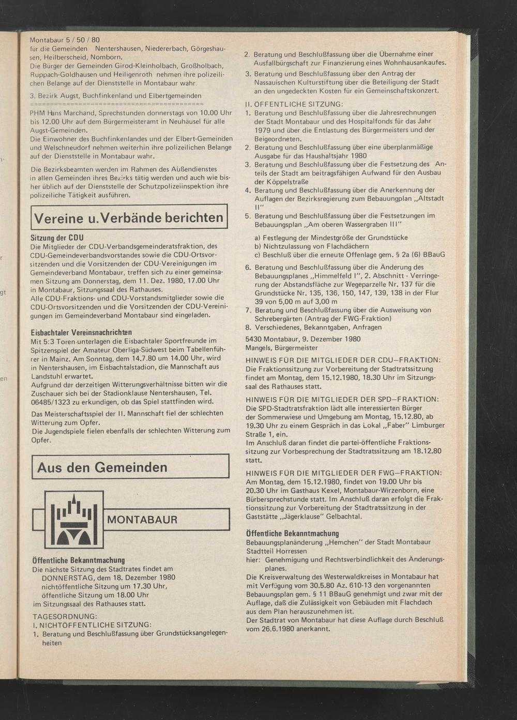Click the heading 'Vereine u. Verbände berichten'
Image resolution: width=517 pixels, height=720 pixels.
click(129, 218)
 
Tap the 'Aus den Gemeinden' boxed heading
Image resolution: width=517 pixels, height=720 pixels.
click(102, 467)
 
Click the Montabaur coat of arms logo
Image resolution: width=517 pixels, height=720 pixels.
click(74, 519)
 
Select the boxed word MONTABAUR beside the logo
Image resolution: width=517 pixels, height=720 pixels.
click(142, 520)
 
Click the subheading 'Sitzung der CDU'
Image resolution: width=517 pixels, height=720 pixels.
click(57, 238)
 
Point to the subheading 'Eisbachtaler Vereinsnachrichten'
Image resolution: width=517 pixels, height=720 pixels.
click(81, 332)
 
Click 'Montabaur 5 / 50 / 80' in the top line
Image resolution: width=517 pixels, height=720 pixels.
click(65, 40)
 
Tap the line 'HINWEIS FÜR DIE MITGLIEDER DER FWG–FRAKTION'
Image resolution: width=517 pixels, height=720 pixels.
click(343, 473)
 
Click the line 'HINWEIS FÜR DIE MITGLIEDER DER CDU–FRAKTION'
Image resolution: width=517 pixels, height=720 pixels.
click(343, 359)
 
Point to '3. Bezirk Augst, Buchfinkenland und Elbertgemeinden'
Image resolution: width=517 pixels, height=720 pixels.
click(115, 96)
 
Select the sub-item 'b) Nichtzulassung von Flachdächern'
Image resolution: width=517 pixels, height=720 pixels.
click(312, 246)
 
